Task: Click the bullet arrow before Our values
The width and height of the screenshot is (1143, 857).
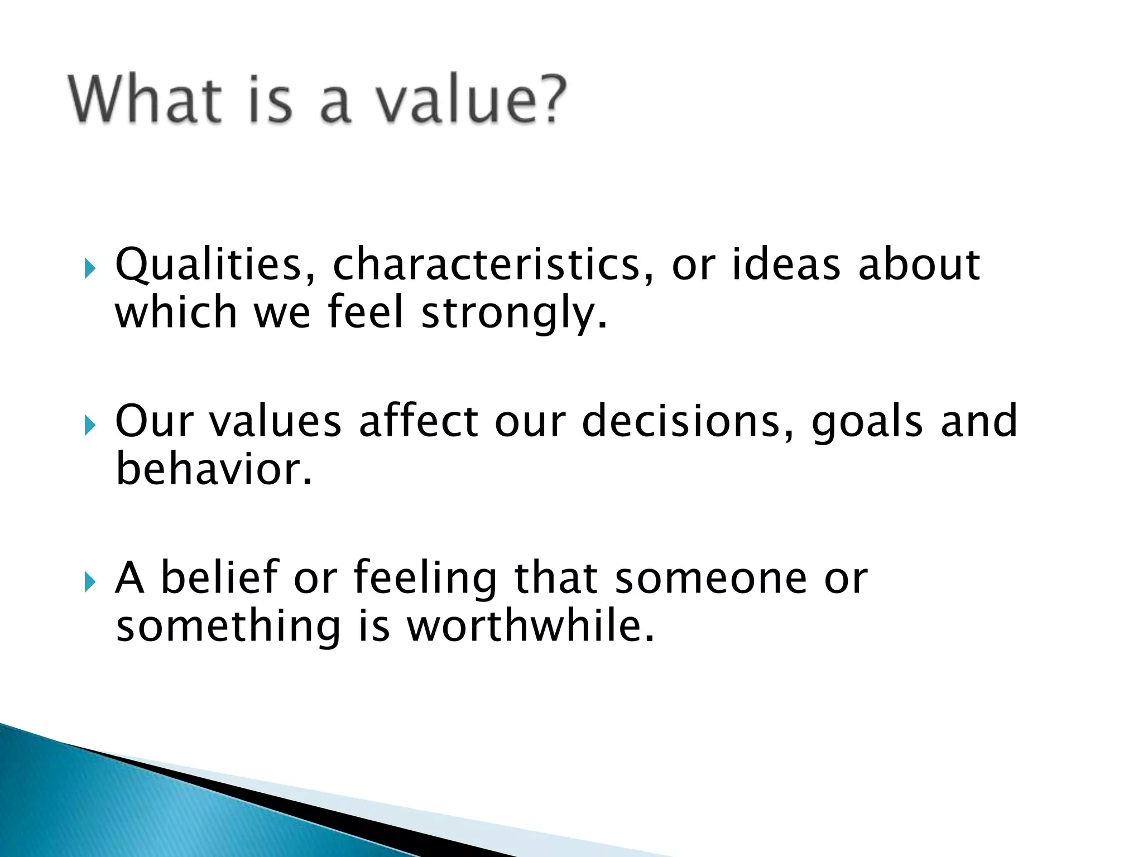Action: [x=89, y=426]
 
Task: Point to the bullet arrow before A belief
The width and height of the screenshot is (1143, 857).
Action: [x=89, y=583]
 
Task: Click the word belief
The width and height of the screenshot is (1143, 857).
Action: [x=220, y=577]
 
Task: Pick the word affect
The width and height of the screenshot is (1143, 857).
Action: [x=419, y=421]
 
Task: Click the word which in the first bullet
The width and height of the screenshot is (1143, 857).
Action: [x=176, y=312]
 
